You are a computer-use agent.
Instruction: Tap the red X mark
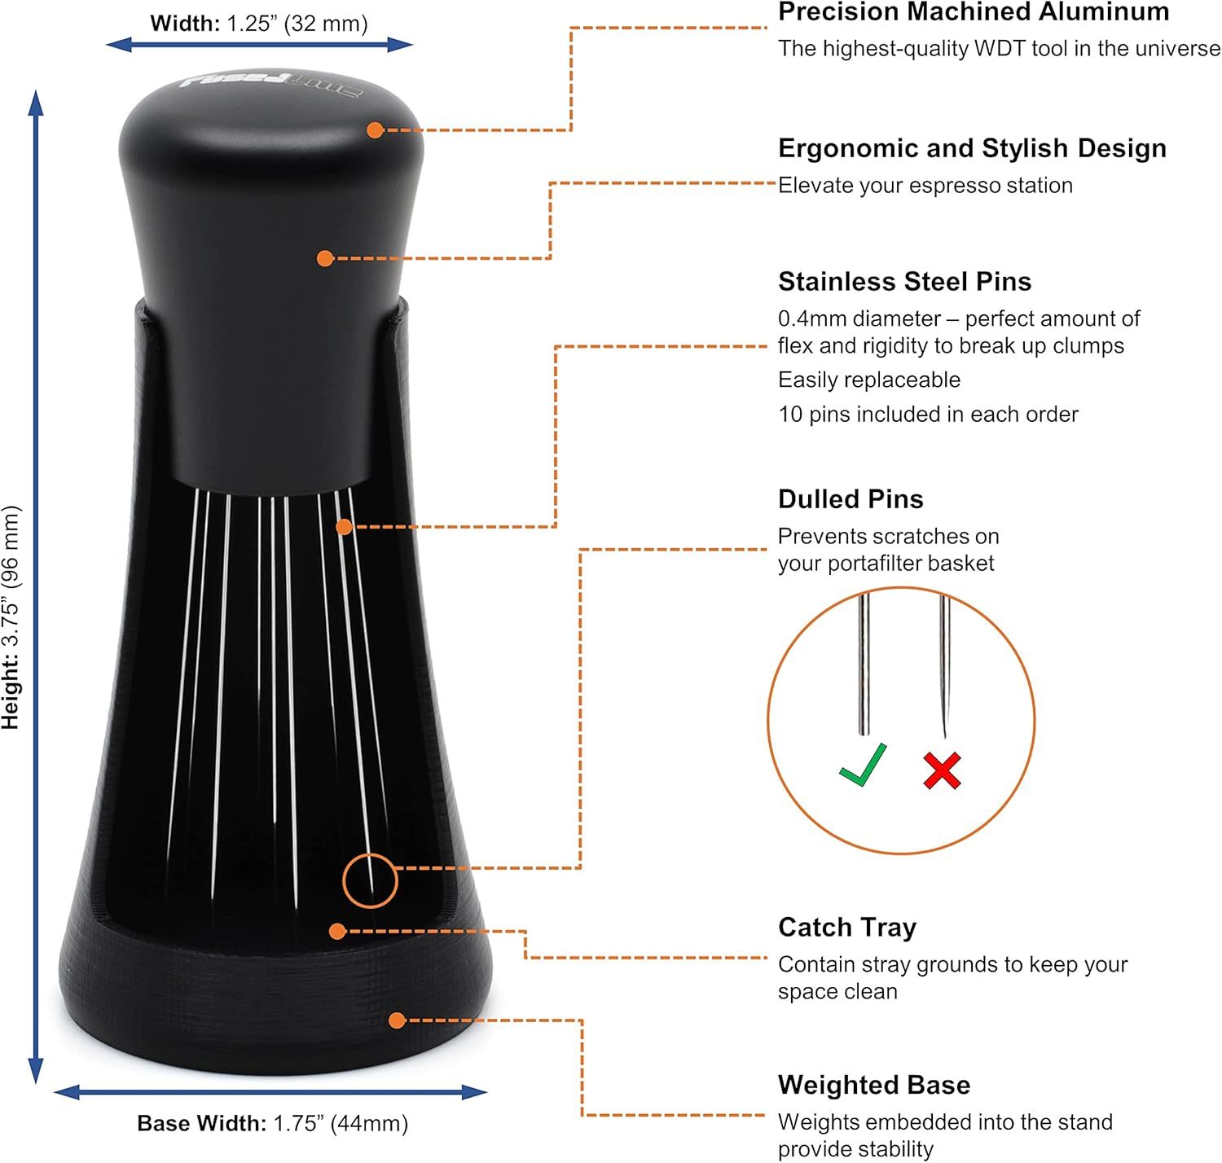(943, 770)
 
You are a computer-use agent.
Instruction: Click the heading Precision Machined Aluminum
(974, 12)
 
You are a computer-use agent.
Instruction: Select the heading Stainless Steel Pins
(904, 282)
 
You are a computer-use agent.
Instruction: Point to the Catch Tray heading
(847, 928)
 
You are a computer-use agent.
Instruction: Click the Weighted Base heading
(874, 1085)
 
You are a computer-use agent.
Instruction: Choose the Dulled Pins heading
(851, 499)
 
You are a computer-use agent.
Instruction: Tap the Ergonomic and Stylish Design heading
(972, 148)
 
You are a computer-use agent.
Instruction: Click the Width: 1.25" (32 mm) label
(259, 24)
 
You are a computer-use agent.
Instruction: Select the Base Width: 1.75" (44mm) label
(272, 1123)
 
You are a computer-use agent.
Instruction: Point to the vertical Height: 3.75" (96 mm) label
(11, 617)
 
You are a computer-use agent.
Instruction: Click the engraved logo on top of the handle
(270, 86)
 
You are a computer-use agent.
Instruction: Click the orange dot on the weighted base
(398, 1020)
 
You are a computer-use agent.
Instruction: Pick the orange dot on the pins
(345, 527)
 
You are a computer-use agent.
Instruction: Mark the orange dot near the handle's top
(375, 130)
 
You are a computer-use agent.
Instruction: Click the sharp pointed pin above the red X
(944, 665)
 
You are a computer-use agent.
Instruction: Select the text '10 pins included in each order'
(928, 415)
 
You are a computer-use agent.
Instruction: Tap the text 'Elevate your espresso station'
(925, 186)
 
